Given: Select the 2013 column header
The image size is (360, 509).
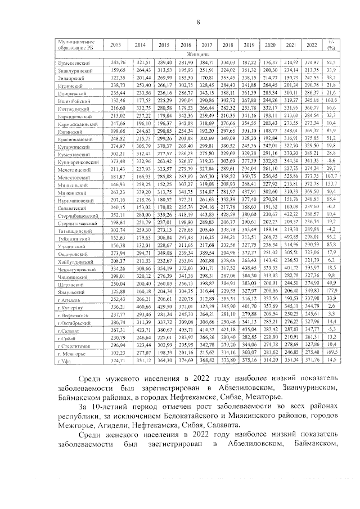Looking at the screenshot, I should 115,45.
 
